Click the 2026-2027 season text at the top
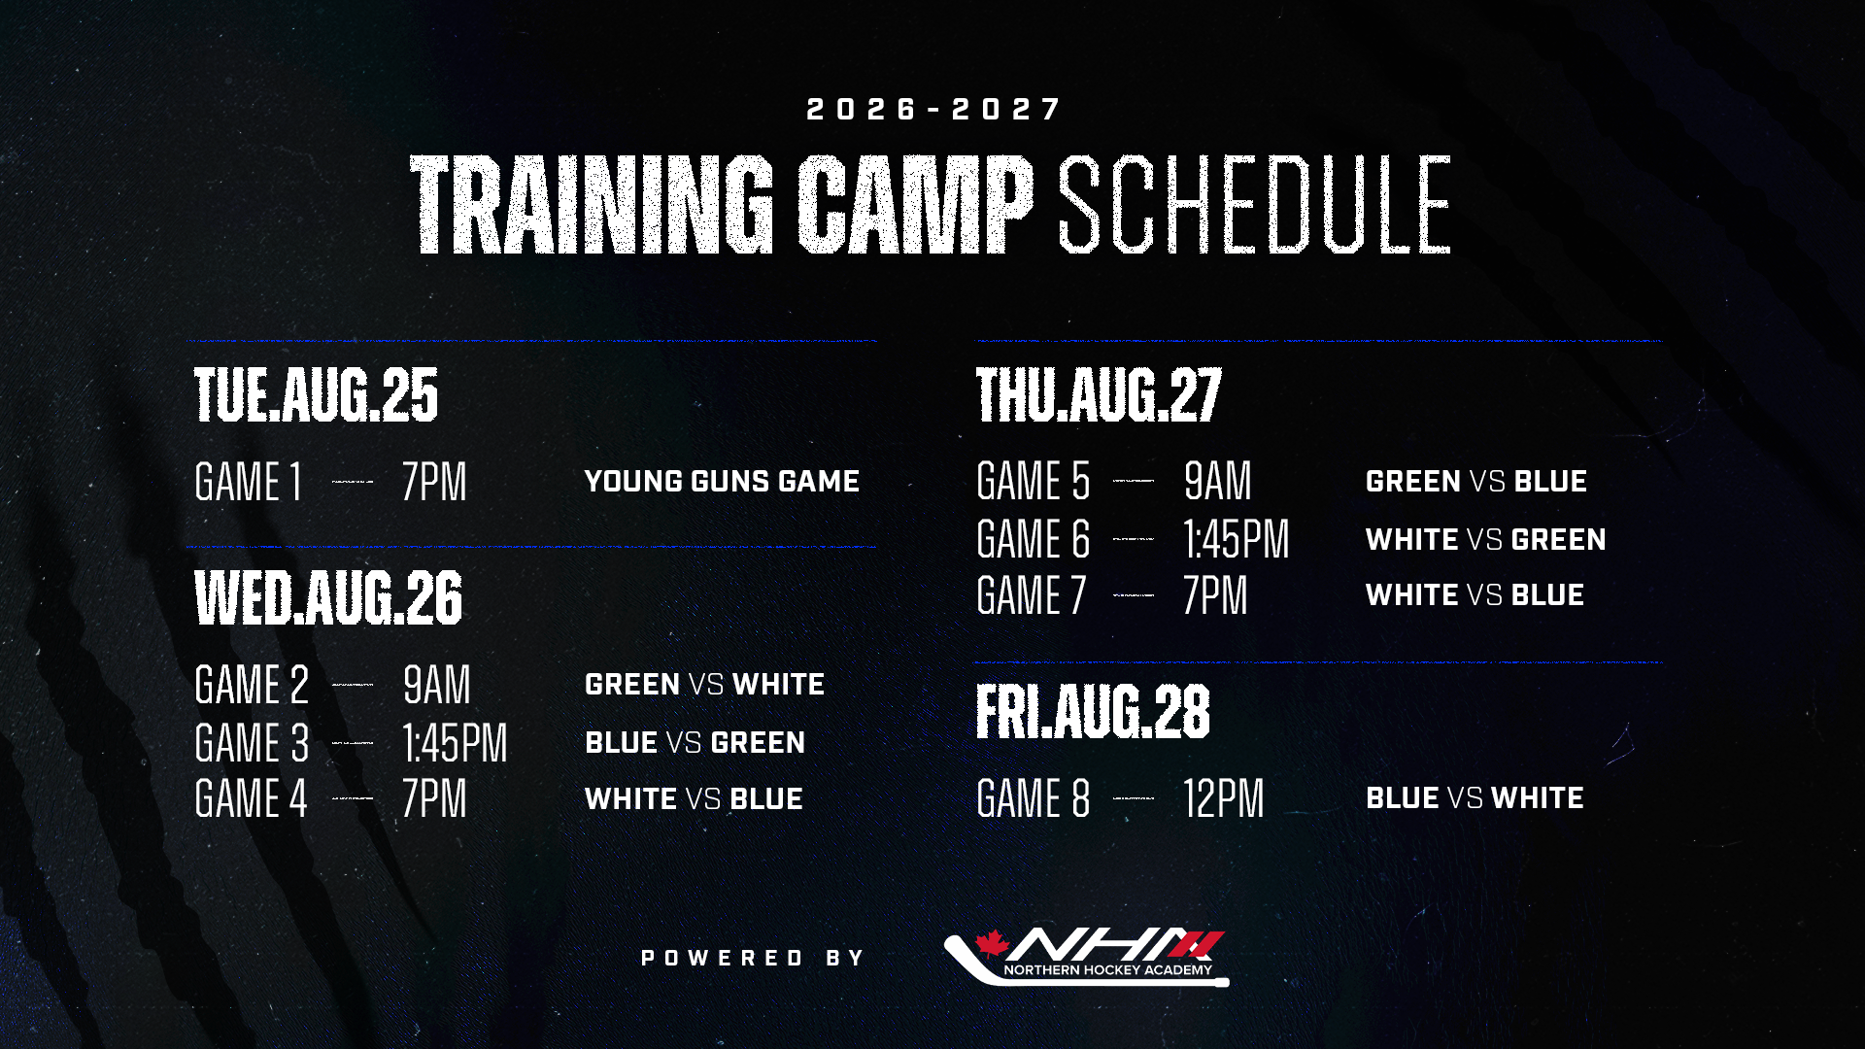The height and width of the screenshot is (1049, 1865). (933, 109)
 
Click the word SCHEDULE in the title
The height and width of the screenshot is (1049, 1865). (1254, 205)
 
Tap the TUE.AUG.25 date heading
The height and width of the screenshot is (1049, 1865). (317, 395)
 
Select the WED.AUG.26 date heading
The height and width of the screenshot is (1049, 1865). (328, 597)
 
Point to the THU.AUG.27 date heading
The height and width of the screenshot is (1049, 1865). (1099, 395)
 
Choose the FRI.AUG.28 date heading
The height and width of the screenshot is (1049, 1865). (1093, 711)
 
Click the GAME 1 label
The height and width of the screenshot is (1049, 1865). (249, 482)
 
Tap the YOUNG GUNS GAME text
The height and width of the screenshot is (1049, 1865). (722, 481)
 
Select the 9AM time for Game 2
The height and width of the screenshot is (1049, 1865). (437, 685)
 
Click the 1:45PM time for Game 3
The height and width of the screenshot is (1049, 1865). (455, 743)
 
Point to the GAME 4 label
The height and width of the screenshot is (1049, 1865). (251, 798)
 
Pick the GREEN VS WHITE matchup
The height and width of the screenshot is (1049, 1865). (704, 684)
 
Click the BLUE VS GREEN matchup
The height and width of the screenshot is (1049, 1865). (695, 742)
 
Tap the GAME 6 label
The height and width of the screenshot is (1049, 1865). (1034, 539)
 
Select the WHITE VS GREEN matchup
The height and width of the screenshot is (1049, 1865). (1485, 539)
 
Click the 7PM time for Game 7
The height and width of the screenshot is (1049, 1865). (1215, 595)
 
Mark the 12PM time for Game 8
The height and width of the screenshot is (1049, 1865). (1224, 798)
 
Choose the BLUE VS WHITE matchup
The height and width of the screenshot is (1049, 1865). (1475, 797)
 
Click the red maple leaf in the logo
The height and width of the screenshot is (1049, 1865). (993, 943)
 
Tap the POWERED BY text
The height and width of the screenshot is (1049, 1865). (753, 958)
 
